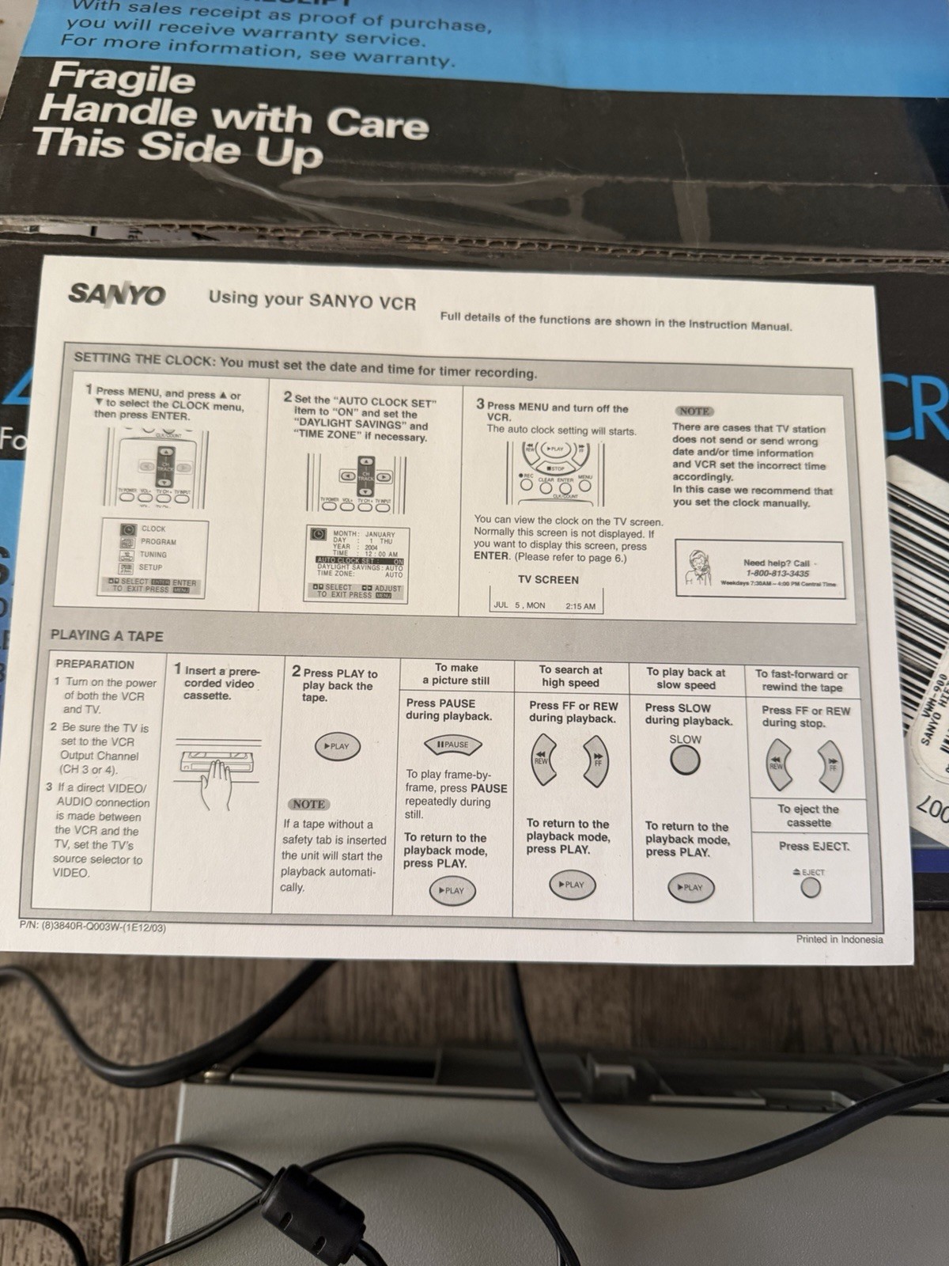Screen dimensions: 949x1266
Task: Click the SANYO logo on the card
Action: [x=117, y=294]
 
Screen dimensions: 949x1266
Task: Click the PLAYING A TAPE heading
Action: [x=107, y=635]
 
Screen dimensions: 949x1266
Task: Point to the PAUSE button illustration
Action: [x=453, y=745]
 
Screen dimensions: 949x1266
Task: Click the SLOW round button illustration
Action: [x=685, y=760]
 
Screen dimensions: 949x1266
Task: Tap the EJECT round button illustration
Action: [x=811, y=887]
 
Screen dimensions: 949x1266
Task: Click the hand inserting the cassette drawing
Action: [x=215, y=779]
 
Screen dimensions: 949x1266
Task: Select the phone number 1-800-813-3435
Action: [x=777, y=573]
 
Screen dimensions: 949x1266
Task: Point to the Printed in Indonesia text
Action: [x=839, y=939]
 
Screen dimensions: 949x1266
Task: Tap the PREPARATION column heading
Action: [x=95, y=665]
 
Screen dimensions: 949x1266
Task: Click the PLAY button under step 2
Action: [x=337, y=746]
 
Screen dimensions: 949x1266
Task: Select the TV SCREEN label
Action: [x=548, y=580]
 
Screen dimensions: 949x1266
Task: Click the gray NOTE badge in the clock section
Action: [x=694, y=411]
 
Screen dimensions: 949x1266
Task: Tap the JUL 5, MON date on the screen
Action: [x=520, y=605]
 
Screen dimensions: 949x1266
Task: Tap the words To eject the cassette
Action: [x=808, y=816]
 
